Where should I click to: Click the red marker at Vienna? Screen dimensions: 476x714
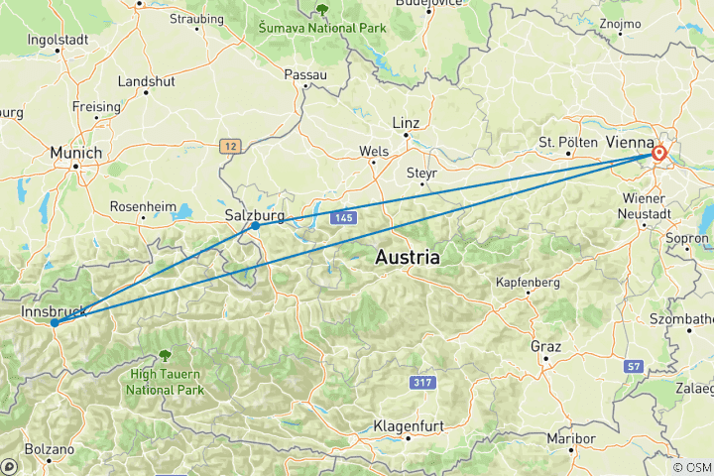pyautogui.click(x=658, y=154)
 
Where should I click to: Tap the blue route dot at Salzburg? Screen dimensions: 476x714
pyautogui.click(x=256, y=226)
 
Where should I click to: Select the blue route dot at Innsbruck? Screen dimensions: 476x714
pyautogui.click(x=55, y=322)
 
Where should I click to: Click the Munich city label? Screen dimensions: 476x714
pyautogui.click(x=75, y=153)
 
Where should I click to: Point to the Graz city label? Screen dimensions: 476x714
pyautogui.click(x=546, y=347)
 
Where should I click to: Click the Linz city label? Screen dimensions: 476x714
pyautogui.click(x=407, y=123)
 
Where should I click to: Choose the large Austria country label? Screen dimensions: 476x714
pyautogui.click(x=407, y=258)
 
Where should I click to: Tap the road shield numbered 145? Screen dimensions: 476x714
pyautogui.click(x=343, y=216)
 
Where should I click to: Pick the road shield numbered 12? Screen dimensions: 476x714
pyautogui.click(x=232, y=146)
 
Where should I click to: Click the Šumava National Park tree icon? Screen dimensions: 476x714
pyautogui.click(x=321, y=9)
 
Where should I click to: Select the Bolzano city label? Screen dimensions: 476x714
pyautogui.click(x=49, y=450)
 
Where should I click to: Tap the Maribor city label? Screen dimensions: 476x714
pyautogui.click(x=571, y=438)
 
